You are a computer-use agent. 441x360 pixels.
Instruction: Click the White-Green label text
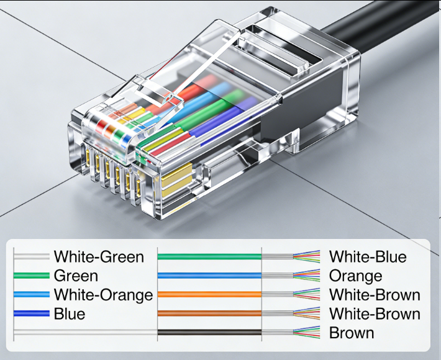tap(99, 256)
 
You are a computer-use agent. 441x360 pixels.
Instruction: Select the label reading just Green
tap(76, 276)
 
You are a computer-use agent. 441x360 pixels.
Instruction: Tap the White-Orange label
tap(103, 295)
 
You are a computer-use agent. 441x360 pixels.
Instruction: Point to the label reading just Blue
tap(70, 313)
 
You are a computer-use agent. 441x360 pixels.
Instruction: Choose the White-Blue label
tap(368, 256)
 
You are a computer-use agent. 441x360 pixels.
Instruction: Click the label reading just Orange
tap(355, 276)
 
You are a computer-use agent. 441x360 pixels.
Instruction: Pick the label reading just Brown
tap(352, 333)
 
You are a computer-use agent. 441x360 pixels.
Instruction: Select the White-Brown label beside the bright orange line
tap(375, 295)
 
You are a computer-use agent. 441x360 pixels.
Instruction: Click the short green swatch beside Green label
tap(31, 276)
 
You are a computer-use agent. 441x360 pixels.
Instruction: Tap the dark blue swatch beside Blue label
tap(31, 313)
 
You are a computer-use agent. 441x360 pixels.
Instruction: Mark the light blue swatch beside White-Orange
tap(31, 295)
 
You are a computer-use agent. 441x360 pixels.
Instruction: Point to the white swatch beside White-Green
tap(31, 256)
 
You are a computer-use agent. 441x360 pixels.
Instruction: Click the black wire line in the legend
tap(209, 333)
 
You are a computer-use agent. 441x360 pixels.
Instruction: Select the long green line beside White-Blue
tap(209, 256)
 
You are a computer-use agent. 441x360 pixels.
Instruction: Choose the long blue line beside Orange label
tap(209, 276)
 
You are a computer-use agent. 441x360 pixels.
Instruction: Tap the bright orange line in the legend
tap(209, 295)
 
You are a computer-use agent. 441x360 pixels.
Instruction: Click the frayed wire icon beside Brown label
tap(306, 333)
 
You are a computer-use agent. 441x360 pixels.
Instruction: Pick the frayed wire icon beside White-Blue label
tap(306, 256)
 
